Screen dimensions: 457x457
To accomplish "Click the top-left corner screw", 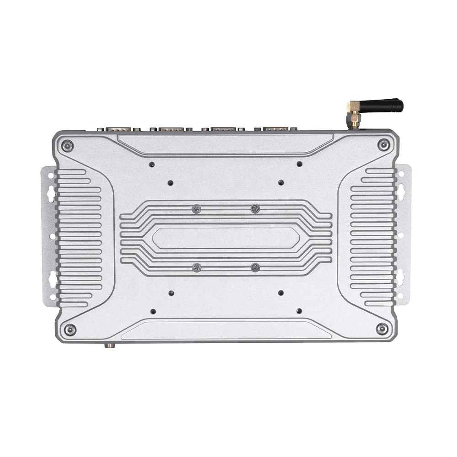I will (x=68, y=146).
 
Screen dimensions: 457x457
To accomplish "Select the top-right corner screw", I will (x=383, y=145).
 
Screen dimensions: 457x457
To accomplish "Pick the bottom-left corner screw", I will (x=70, y=329).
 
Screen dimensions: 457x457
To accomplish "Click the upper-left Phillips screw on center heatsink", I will (x=197, y=209).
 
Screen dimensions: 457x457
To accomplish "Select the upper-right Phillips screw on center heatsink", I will (x=255, y=209).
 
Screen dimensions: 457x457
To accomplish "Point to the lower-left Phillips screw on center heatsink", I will (x=197, y=267).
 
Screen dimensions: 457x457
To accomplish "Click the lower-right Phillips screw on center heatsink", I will (x=255, y=267).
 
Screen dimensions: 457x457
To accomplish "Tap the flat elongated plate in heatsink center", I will (x=226, y=238).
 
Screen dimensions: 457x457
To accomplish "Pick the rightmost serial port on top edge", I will (x=276, y=129).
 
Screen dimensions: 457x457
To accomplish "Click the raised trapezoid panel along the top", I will (x=225, y=143).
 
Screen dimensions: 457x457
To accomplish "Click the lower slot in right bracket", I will (x=400, y=276).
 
